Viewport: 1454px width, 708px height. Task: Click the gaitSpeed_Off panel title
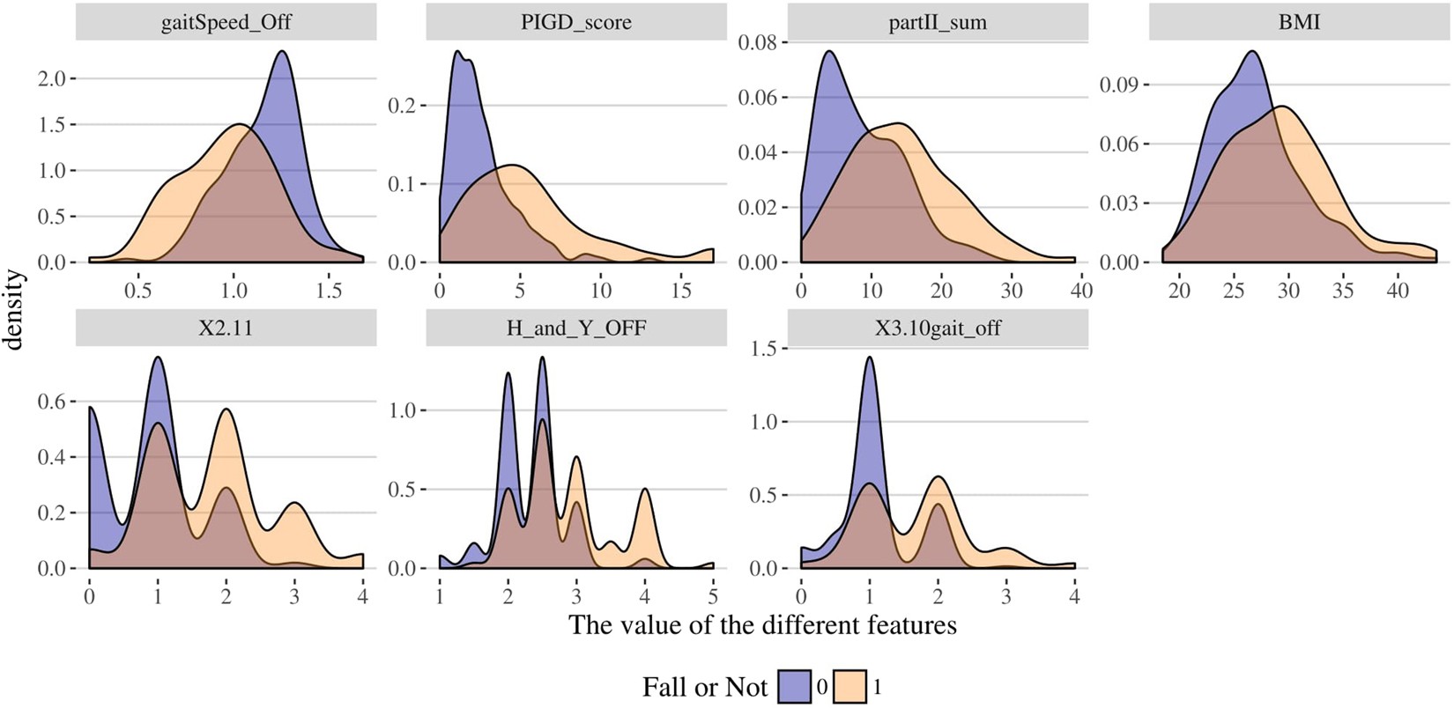226,22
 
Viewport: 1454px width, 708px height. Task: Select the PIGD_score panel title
576,22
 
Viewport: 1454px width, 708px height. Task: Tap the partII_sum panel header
938,22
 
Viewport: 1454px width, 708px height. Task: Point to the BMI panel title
1299,22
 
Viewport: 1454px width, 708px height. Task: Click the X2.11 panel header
226,328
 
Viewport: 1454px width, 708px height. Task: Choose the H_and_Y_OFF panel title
576,328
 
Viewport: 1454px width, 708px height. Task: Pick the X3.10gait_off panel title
938,328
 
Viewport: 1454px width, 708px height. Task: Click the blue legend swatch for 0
794,687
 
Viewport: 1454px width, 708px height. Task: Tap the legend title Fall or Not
705,687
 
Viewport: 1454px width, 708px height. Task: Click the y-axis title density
15,310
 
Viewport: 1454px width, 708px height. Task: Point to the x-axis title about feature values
762,626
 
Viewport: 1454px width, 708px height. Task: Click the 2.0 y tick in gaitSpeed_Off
52,79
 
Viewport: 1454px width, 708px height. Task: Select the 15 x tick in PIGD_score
681,290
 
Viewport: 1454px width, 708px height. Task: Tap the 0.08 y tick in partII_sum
759,41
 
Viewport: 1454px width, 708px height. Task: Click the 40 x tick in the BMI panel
1398,290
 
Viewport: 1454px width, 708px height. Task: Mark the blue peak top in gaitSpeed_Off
282,52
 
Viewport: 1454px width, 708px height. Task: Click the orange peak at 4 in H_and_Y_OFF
645,490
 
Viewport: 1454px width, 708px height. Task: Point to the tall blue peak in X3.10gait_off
870,358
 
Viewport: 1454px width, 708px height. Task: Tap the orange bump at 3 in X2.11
294,504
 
